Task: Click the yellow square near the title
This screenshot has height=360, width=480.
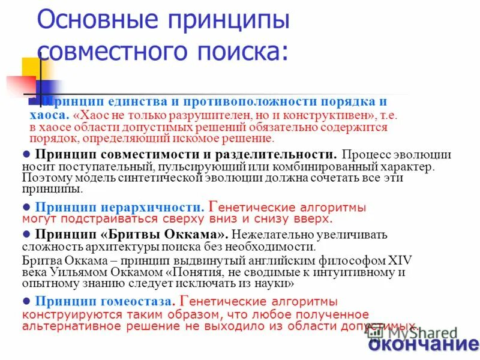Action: pyautogui.click(x=31, y=67)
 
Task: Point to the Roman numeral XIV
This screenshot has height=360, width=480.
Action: pyautogui.click(x=395, y=260)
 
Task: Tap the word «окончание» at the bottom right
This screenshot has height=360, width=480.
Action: pyautogui.click(x=422, y=344)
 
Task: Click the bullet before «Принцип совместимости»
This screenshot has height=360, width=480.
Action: pyautogui.click(x=26, y=154)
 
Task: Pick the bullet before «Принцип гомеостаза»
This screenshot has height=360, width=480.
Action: pyautogui.click(x=26, y=301)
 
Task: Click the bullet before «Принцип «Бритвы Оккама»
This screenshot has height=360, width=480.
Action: pyautogui.click(x=26, y=234)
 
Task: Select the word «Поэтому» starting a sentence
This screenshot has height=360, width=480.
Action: pyautogui.click(x=45, y=178)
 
